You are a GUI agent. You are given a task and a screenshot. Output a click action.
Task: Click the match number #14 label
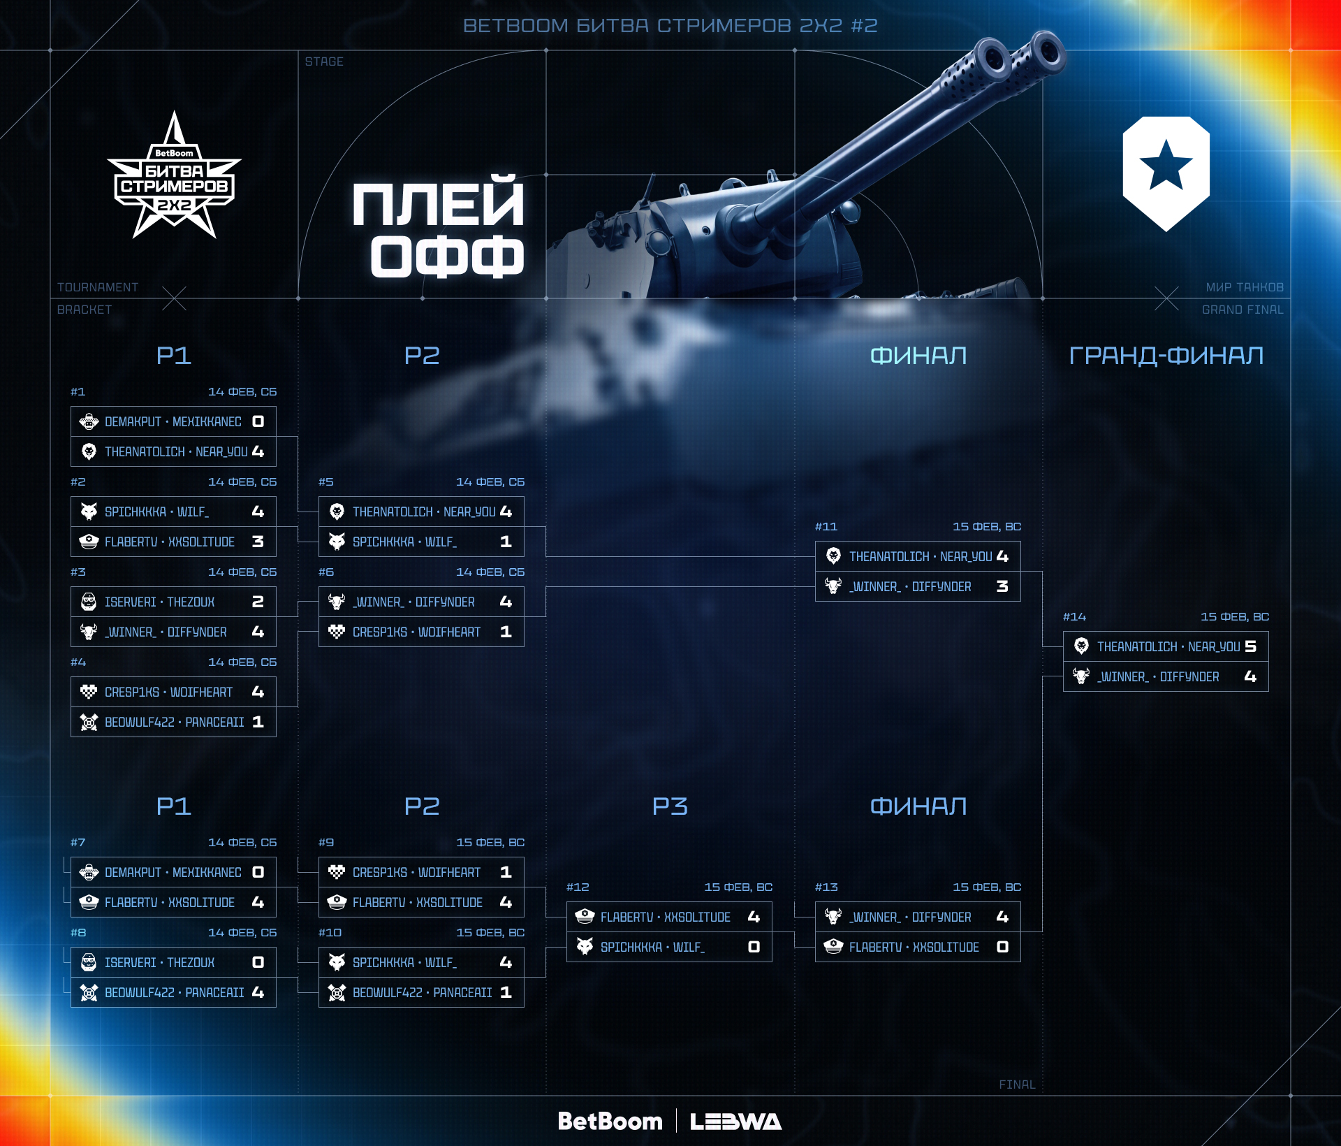tap(1074, 616)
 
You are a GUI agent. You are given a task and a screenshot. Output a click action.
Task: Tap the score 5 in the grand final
tap(1250, 646)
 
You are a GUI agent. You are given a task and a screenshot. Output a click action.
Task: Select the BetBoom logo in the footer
tap(610, 1121)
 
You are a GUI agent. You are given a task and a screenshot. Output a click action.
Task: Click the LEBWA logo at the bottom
tap(735, 1122)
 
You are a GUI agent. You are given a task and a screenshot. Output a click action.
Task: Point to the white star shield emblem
tap(1166, 173)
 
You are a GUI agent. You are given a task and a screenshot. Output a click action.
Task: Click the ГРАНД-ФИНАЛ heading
tap(1166, 356)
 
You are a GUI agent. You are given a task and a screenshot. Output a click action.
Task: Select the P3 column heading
tap(670, 806)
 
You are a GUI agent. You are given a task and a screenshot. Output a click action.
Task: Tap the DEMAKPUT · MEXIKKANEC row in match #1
tap(173, 421)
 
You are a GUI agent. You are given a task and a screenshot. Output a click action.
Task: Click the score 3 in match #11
tap(1002, 586)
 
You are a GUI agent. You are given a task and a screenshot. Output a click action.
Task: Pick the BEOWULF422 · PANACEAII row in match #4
tap(173, 722)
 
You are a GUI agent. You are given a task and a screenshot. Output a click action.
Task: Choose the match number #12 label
tap(578, 887)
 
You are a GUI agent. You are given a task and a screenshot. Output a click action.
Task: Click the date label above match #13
tap(986, 887)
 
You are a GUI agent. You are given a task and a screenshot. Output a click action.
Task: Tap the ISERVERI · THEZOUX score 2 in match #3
tap(258, 602)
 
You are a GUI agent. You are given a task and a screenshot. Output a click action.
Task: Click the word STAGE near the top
tap(324, 61)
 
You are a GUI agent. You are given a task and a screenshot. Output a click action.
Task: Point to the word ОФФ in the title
tap(447, 256)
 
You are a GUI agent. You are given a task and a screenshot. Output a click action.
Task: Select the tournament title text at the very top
tap(670, 26)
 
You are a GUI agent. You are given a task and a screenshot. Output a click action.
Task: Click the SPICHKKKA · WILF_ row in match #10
tap(421, 962)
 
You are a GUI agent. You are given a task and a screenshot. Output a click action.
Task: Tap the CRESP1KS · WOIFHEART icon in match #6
tap(337, 632)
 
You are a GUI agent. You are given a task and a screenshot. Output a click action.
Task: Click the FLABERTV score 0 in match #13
tap(1002, 947)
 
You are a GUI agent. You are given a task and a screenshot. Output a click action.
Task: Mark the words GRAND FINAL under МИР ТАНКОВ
tap(1242, 310)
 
